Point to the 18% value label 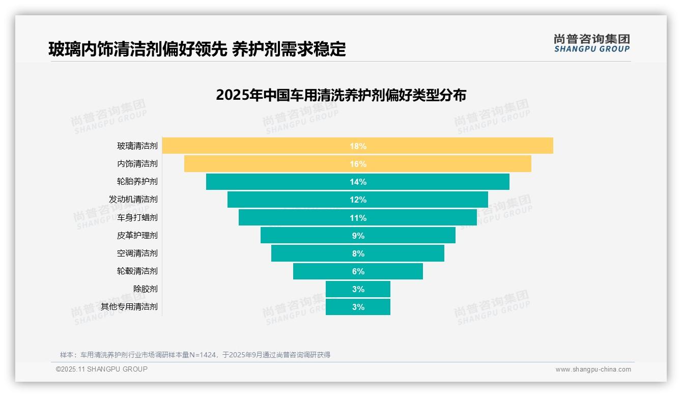click(358, 146)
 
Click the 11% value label click(358, 218)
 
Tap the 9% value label click(358, 236)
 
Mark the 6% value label click(358, 271)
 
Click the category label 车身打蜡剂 click(137, 217)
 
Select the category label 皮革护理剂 click(137, 235)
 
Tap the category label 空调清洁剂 click(137, 253)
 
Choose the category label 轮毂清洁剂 click(137, 271)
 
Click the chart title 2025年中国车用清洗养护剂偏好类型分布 click(341, 95)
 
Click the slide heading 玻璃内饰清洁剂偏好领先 click(137, 49)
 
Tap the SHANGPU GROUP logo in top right click(591, 43)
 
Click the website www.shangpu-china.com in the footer click(593, 370)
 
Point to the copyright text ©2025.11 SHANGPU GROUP click(102, 369)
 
